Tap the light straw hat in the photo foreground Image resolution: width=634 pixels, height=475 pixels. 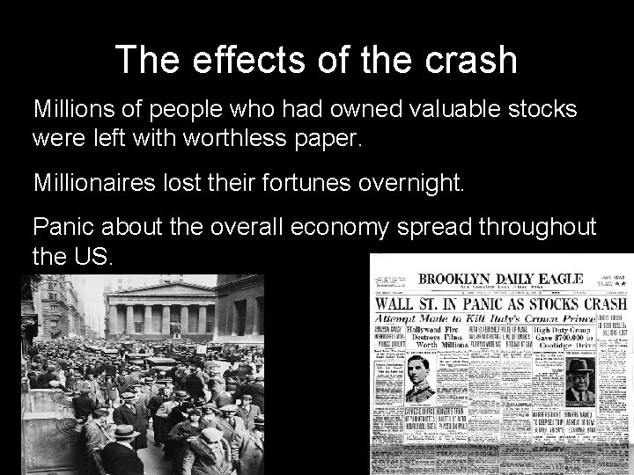tap(126, 430)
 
